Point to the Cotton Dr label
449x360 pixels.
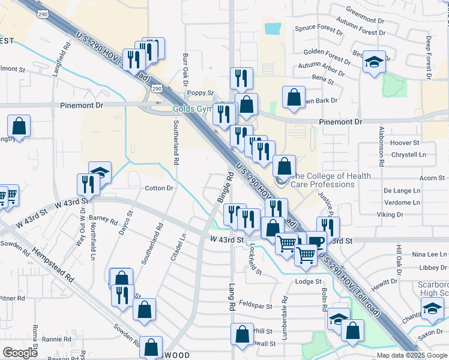pos(159,188)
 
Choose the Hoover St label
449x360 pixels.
pos(405,143)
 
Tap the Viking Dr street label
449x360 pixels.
pos(390,214)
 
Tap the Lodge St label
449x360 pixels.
pos(309,281)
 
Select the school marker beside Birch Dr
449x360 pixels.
pos(373,61)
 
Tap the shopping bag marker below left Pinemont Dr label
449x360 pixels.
pos(19,126)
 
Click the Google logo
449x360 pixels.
pos(20,352)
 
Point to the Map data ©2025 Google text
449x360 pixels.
pos(411,355)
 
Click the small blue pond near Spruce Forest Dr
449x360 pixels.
pos(273,28)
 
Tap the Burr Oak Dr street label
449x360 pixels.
pos(185,69)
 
